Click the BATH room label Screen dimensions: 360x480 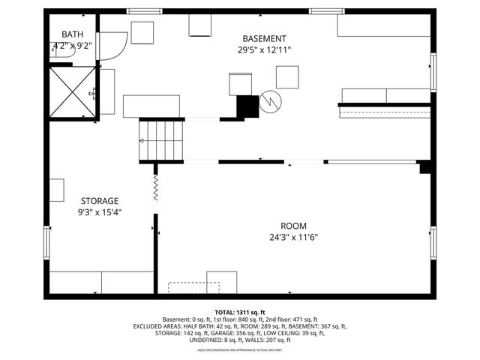point(73,34)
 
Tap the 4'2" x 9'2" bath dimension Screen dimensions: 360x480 point(73,46)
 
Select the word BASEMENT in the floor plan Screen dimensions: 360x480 point(264,39)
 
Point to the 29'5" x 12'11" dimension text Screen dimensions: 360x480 point(264,50)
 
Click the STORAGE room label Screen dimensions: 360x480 point(100,201)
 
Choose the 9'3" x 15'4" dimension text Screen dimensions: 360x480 point(100,212)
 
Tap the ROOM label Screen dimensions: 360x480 point(293,226)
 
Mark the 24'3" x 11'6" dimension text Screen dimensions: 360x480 point(293,238)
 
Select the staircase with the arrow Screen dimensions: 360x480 point(161,140)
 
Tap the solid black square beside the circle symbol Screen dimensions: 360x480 point(247,106)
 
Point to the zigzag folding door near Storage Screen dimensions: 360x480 point(155,187)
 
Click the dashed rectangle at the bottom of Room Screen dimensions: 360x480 point(193,287)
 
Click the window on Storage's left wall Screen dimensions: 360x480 point(46,242)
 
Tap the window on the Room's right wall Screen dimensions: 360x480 point(433,244)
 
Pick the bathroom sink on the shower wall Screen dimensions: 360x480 point(95,93)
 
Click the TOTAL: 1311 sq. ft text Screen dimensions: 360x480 point(240,312)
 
